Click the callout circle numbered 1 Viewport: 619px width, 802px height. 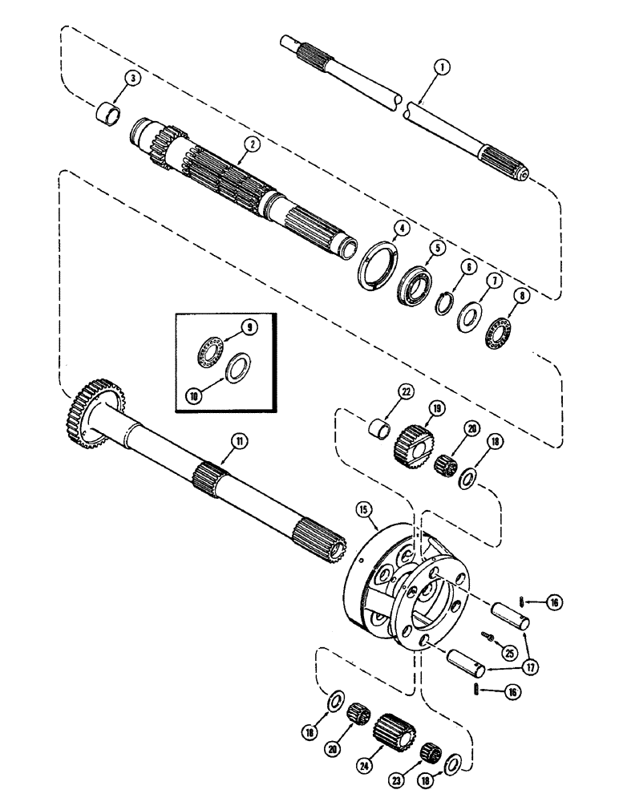pos(439,71)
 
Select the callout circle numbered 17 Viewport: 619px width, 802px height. pos(528,665)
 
